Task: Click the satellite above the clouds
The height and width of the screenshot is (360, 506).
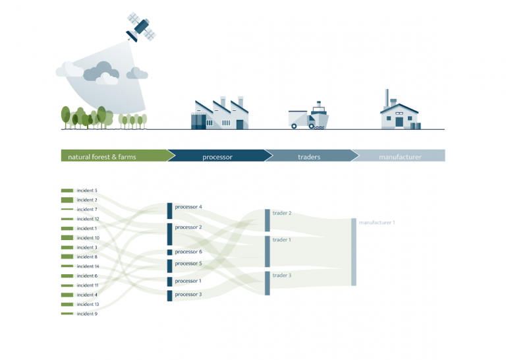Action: [142, 27]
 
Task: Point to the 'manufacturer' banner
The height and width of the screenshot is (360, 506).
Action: [398, 156]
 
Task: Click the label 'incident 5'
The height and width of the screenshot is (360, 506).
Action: [87, 191]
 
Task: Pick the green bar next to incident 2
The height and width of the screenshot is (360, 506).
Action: [67, 200]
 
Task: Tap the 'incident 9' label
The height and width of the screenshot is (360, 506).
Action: [87, 314]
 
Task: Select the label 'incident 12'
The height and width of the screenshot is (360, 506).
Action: [88, 219]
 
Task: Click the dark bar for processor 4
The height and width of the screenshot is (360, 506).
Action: [170, 211]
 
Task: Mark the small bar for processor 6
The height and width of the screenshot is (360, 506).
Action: [170, 252]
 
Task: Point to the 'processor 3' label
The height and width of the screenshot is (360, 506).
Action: [188, 295]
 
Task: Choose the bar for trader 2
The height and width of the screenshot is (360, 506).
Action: [267, 220]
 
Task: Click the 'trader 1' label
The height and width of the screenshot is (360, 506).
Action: [282, 240]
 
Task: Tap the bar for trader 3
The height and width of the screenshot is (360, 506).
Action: [267, 283]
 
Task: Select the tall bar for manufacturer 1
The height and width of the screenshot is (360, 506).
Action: [354, 252]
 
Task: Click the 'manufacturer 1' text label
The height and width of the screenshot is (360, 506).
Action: [377, 222]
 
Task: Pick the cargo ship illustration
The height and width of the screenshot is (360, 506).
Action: [319, 115]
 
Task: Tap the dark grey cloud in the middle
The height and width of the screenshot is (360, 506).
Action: [101, 71]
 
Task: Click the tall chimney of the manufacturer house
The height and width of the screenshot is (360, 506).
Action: [387, 98]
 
